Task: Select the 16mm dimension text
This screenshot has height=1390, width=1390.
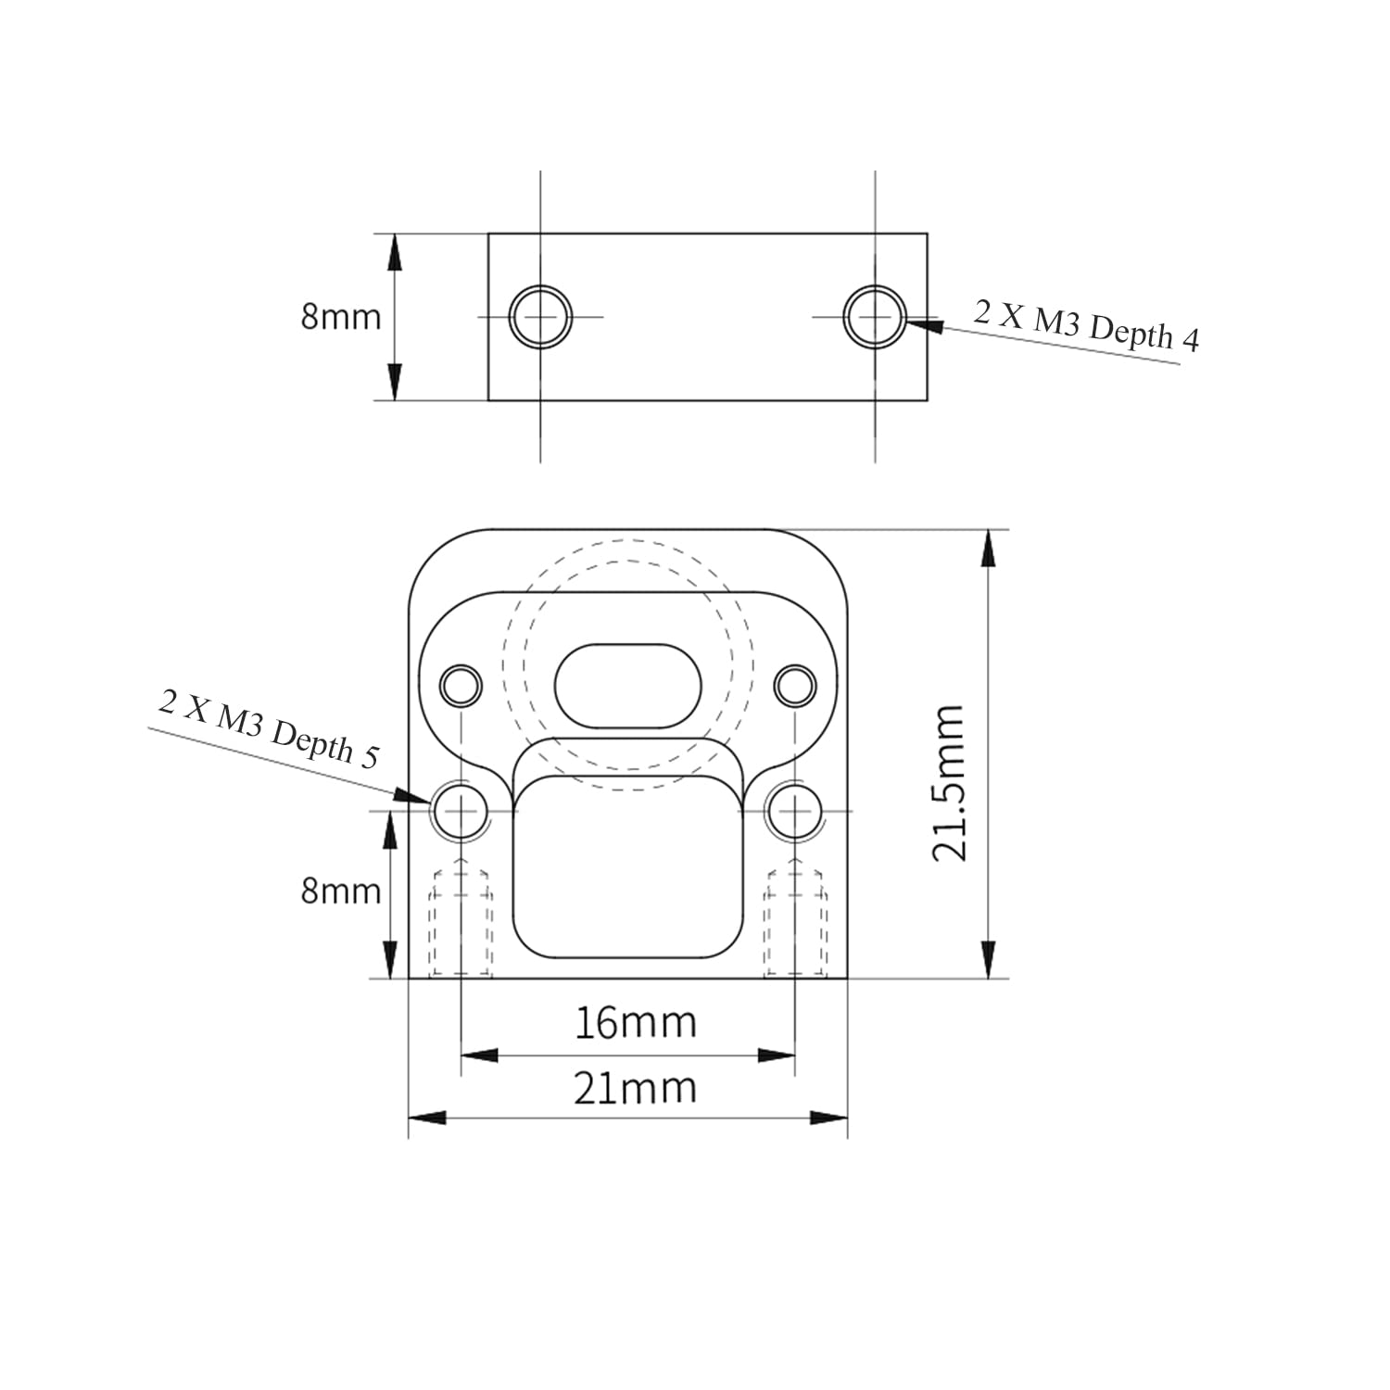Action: [x=636, y=1023]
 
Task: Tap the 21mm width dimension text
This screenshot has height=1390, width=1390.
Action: [x=635, y=1088]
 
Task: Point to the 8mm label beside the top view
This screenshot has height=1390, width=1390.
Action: [x=341, y=317]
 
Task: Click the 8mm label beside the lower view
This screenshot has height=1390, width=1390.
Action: [x=341, y=891]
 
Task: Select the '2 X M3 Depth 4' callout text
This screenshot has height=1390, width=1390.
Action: [x=1086, y=326]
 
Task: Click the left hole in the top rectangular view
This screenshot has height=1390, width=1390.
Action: [x=540, y=317]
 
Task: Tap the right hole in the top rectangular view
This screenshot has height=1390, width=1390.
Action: [x=875, y=317]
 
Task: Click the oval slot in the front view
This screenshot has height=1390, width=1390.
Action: [x=628, y=686]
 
